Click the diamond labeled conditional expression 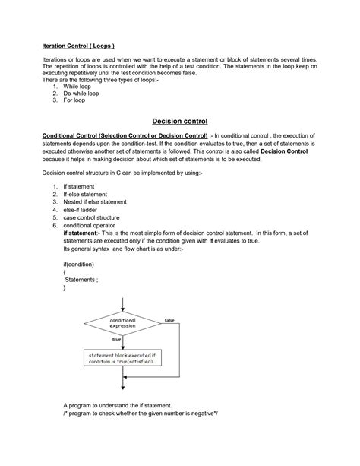[x=122, y=324]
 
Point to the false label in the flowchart [x=169, y=320]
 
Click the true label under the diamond [x=116, y=338]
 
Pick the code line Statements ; [x=82, y=281]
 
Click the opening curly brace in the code [x=65, y=273]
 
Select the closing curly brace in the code [x=65, y=289]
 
